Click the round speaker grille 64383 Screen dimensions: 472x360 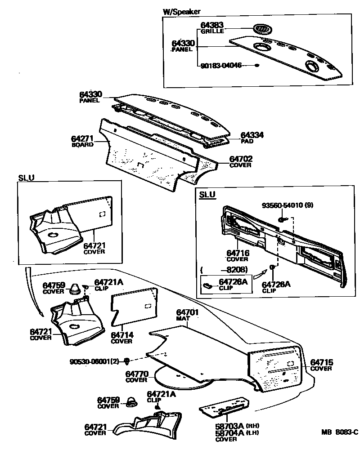click(263, 29)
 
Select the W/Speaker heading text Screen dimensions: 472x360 click(181, 12)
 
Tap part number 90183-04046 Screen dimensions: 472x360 click(221, 66)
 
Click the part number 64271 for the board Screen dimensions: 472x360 click(82, 139)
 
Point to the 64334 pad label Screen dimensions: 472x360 click(252, 135)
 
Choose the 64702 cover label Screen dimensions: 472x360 click(241, 159)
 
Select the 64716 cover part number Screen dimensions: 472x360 click(238, 254)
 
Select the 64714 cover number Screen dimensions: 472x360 click(121, 335)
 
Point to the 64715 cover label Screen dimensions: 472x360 click(321, 362)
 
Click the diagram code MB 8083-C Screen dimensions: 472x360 click(339, 432)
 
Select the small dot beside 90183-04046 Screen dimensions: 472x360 click(257, 66)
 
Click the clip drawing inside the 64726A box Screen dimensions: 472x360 click(209, 285)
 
